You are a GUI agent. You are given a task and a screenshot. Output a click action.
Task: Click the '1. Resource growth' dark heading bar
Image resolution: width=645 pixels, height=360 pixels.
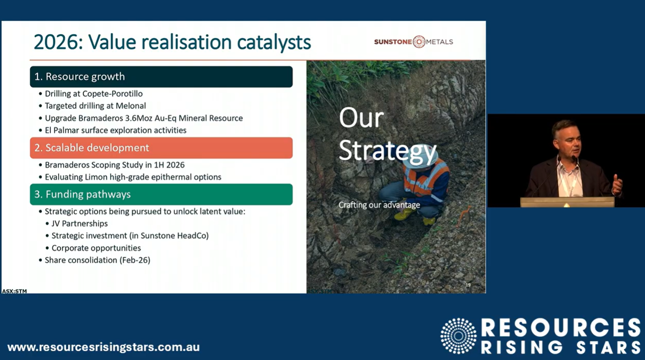[161, 77]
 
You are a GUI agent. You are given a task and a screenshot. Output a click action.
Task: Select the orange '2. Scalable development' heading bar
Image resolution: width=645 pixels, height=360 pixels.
[161, 148]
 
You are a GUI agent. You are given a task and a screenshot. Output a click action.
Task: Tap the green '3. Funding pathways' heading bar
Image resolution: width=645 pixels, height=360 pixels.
[161, 194]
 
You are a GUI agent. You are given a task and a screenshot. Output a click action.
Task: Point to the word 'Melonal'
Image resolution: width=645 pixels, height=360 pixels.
[131, 106]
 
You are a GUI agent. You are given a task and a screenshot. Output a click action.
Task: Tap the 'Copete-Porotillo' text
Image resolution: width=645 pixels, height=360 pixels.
[112, 94]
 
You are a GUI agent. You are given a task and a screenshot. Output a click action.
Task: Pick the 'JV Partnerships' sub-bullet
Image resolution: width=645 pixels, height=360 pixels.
[80, 224]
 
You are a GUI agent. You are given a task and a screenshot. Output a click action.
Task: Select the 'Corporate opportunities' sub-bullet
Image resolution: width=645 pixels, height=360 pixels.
[96, 248]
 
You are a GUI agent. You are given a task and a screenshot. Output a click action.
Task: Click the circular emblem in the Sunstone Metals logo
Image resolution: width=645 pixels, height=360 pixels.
[419, 42]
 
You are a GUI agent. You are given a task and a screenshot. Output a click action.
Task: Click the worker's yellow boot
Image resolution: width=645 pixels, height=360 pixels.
[405, 213]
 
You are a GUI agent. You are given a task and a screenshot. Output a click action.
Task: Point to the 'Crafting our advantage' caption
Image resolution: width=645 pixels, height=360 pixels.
[379, 205]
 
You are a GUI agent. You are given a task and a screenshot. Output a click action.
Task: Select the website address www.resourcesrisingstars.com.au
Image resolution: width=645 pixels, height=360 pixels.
[104, 347]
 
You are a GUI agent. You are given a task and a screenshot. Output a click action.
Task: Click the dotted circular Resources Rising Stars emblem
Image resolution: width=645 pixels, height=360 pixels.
[458, 336]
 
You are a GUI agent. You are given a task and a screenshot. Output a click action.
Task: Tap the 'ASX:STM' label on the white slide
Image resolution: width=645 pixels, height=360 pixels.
[14, 291]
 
